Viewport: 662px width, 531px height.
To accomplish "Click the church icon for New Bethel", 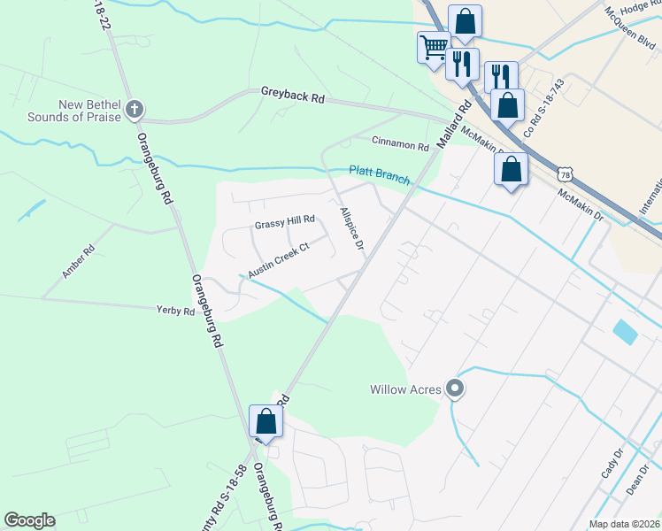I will [134, 110].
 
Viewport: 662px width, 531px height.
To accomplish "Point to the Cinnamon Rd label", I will [400, 142].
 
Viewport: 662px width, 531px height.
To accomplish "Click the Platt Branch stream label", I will [380, 173].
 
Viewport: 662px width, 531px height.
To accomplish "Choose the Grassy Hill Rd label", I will [285, 222].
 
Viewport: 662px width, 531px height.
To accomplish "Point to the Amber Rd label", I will [78, 263].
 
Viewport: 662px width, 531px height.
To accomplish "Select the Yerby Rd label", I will [175, 311].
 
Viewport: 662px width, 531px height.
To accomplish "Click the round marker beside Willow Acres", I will [455, 389].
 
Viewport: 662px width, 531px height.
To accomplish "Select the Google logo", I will [30, 520].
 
